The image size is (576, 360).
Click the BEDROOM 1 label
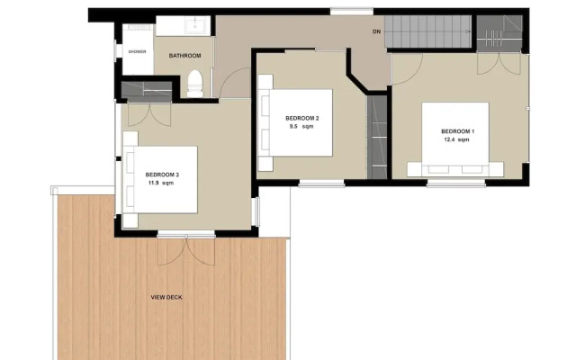click(x=459, y=132)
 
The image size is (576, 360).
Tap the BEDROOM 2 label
click(x=302, y=119)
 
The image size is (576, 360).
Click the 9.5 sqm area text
click(x=301, y=127)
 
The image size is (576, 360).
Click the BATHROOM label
click(x=184, y=56)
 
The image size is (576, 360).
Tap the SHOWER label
click(x=137, y=51)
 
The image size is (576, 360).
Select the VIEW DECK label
click(x=167, y=297)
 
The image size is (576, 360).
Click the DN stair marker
click(x=376, y=32)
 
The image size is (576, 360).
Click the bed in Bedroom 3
click(x=162, y=179)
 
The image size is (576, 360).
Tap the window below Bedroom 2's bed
click(x=321, y=184)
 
